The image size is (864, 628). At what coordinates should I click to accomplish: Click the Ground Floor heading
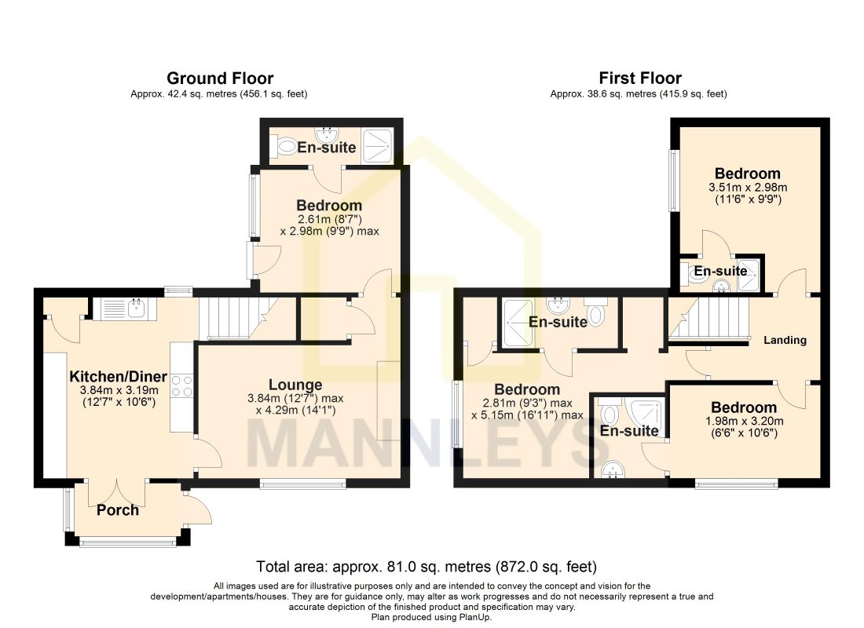(x=220, y=78)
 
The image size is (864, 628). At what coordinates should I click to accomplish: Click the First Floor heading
(x=639, y=78)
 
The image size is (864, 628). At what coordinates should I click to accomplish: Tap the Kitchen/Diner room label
(x=118, y=377)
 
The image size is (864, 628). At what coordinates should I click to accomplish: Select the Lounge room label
(x=295, y=385)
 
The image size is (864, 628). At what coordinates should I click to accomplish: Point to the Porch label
(x=117, y=510)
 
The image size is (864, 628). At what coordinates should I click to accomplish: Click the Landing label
(x=785, y=340)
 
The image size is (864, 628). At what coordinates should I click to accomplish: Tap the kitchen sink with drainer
(x=125, y=309)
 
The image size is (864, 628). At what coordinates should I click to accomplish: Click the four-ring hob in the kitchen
(x=182, y=385)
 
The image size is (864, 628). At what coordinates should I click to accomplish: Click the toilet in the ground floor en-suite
(x=286, y=147)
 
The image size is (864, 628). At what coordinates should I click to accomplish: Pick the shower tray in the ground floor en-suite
(x=377, y=146)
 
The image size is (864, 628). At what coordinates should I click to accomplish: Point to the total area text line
(x=427, y=566)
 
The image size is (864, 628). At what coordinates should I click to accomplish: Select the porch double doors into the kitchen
(x=117, y=492)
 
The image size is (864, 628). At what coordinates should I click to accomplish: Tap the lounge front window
(x=303, y=484)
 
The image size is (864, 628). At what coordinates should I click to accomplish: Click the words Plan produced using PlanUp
(x=431, y=618)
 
